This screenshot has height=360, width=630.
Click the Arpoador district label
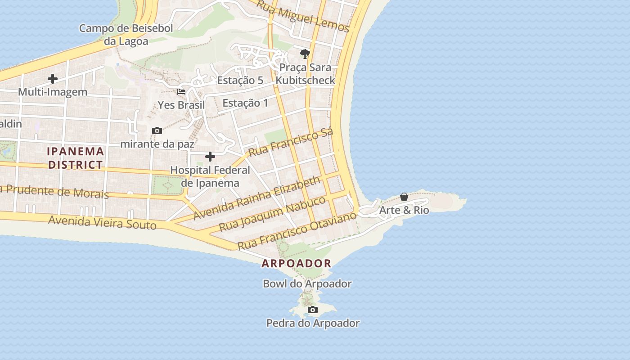coord(296,263)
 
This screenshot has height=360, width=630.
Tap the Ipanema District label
coord(76,158)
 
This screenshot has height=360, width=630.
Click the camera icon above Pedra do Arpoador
coord(313,310)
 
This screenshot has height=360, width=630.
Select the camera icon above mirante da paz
coord(157,130)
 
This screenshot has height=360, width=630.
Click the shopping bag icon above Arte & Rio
coord(404,197)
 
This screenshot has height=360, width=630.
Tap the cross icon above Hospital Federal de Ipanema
coord(210,157)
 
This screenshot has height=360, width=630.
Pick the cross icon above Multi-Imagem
coord(53,79)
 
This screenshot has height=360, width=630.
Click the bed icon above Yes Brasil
coord(181,92)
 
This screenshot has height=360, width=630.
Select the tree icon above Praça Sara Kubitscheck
coord(305,54)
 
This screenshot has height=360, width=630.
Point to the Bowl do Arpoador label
coord(307,284)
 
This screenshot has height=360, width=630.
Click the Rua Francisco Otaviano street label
coord(297,230)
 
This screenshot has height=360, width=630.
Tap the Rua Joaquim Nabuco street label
coord(272,213)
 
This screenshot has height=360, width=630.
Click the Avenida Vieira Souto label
coord(102,222)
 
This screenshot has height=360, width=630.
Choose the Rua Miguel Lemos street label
coord(303,17)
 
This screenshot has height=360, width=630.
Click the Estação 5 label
coord(240,81)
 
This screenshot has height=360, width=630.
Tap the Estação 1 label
coord(245,103)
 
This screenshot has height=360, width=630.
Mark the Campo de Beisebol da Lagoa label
coord(126,35)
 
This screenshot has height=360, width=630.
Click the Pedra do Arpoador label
coord(313,323)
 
